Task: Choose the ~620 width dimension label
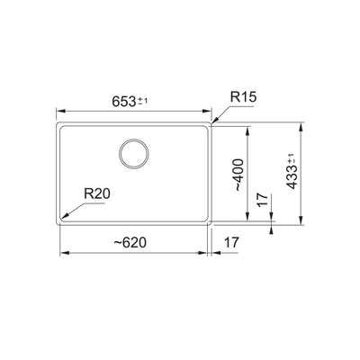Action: (x=131, y=244)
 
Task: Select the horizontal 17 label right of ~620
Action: (x=232, y=244)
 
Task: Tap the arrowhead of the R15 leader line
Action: (x=212, y=122)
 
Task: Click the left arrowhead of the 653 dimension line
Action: (x=59, y=112)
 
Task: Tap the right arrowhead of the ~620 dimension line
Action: (x=208, y=254)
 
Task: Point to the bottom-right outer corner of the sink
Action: (x=214, y=226)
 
